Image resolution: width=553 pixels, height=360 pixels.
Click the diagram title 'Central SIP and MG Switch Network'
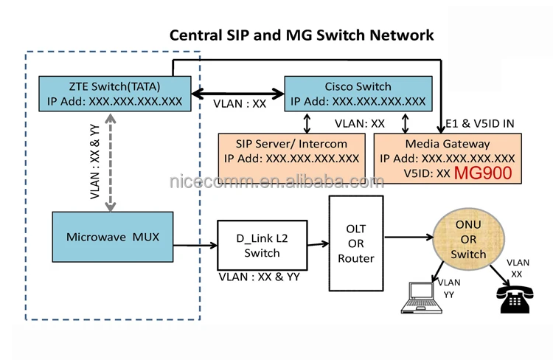click(302, 35)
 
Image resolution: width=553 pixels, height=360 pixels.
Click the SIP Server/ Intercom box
click(292, 151)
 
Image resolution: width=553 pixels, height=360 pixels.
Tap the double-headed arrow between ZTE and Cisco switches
click(238, 94)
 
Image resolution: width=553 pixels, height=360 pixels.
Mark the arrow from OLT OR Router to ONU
click(408, 238)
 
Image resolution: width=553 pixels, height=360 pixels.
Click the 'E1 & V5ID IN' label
click(480, 123)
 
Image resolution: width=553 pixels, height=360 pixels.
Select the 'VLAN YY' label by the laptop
click(448, 288)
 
